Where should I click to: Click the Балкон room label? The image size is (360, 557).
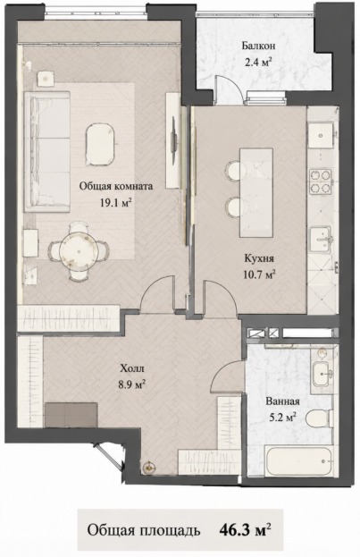[258, 46]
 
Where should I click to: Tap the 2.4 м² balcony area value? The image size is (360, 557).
[258, 63]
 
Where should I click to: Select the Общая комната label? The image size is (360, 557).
[116, 186]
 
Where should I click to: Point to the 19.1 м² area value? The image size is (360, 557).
[116, 203]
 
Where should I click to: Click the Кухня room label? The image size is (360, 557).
[259, 257]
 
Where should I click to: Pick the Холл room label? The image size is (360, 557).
[132, 368]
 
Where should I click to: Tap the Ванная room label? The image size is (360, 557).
[282, 401]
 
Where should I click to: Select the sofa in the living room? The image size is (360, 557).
[46, 152]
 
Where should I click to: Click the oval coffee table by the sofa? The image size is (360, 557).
[100, 144]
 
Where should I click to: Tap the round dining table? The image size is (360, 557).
[79, 251]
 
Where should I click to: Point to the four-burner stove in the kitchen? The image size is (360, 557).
[321, 182]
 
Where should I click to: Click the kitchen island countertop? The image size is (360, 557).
[256, 193]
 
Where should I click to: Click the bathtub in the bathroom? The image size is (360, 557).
[299, 461]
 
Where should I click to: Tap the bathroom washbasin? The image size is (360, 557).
[322, 374]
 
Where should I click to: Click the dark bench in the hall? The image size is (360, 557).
[71, 415]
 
